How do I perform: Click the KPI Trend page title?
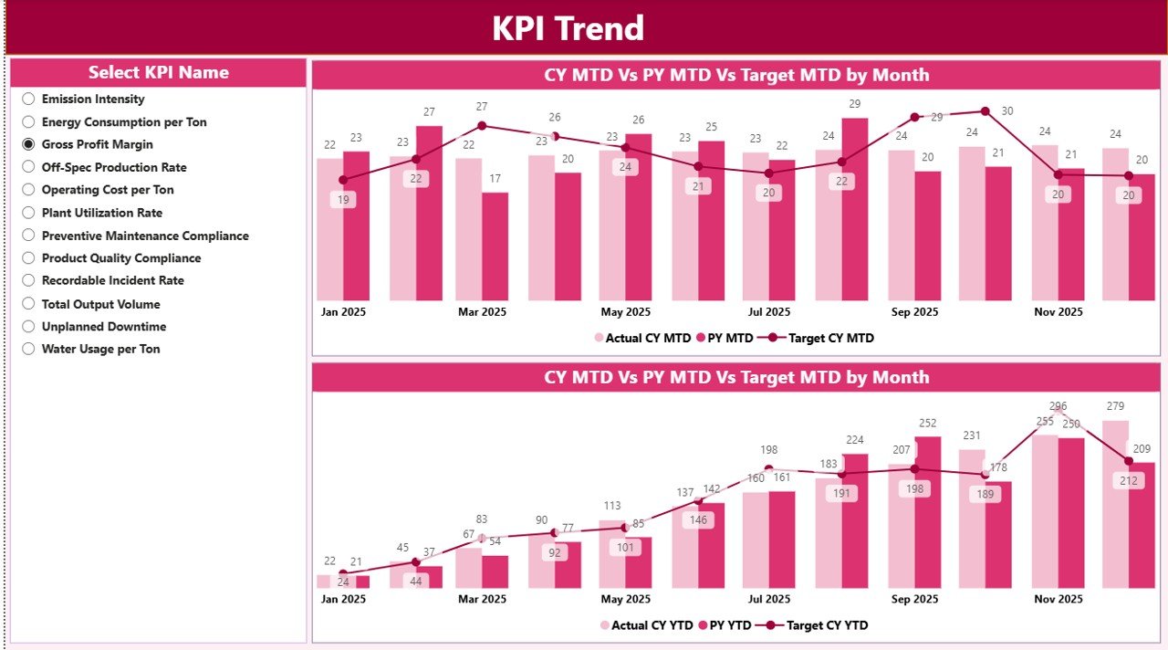[x=568, y=28]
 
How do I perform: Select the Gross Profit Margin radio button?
[x=28, y=144]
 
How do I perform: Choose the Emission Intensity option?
[x=28, y=99]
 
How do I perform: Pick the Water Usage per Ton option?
[x=28, y=349]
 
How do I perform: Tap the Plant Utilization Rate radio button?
[x=28, y=213]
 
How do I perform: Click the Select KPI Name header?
[x=159, y=73]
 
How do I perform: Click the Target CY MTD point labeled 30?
[x=985, y=111]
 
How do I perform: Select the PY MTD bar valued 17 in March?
[x=495, y=246]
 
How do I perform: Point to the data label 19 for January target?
[x=343, y=200]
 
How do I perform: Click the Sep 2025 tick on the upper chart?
[x=914, y=312]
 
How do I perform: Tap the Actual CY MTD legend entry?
[x=642, y=338]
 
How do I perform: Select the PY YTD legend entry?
[x=725, y=625]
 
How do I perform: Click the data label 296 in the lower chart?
[x=1058, y=406]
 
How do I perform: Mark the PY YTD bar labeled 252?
[x=927, y=511]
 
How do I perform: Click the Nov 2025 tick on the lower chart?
[x=1058, y=600]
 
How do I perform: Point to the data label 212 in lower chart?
[x=1129, y=480]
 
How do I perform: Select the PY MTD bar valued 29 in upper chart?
[x=855, y=210]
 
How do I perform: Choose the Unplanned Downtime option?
[x=28, y=326]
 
